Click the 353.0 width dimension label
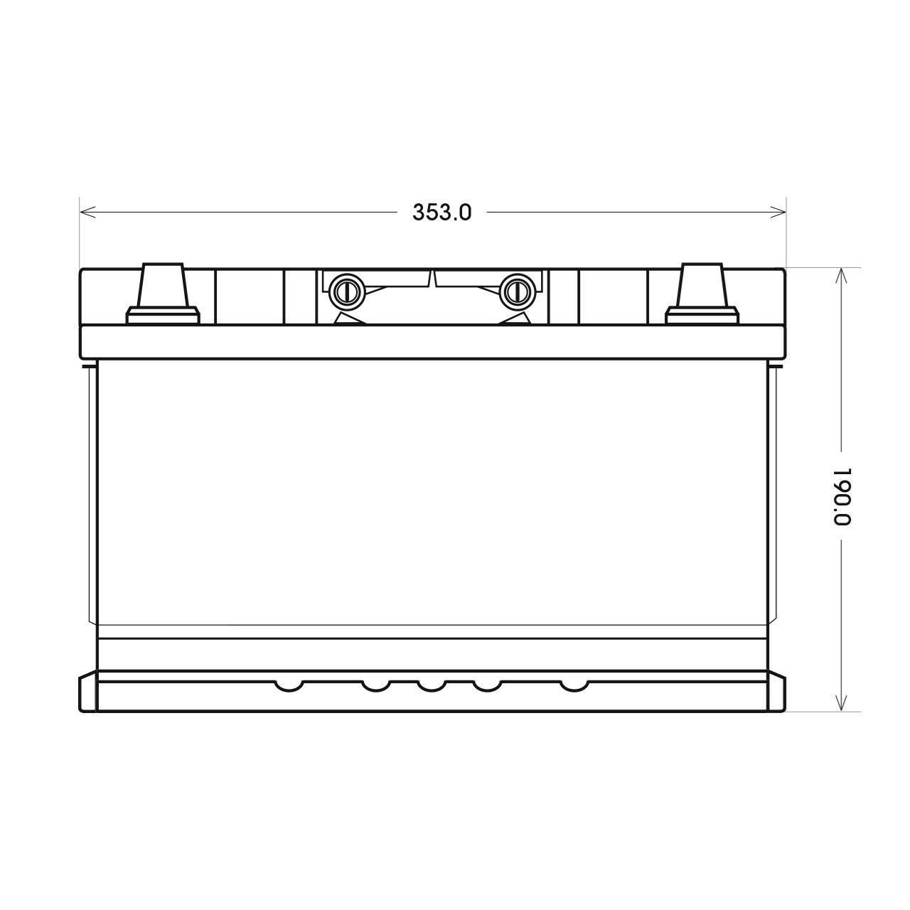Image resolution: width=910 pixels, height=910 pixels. [441, 213]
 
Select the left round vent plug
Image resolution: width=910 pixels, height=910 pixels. [346, 291]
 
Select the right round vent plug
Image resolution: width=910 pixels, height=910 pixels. [517, 291]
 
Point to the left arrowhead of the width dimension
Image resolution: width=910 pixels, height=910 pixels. [88, 212]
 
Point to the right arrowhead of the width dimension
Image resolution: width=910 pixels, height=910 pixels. [778, 212]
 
